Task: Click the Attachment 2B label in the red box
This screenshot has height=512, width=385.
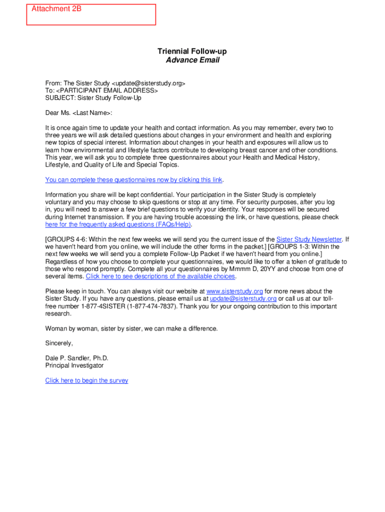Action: (56, 9)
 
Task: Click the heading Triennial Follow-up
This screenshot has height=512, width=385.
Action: (192, 51)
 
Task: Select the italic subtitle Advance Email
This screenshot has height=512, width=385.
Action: (192, 60)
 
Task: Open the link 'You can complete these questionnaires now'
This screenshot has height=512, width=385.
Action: (133, 180)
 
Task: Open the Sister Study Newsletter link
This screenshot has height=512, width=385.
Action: (309, 239)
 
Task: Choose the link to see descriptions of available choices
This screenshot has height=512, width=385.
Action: (160, 276)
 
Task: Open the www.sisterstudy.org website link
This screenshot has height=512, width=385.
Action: (234, 291)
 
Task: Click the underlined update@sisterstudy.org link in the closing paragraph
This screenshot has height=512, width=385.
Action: (243, 299)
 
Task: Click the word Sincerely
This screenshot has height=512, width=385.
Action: (59, 343)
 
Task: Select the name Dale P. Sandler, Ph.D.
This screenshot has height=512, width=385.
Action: (76, 358)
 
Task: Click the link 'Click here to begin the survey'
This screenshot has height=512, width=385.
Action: (86, 380)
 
